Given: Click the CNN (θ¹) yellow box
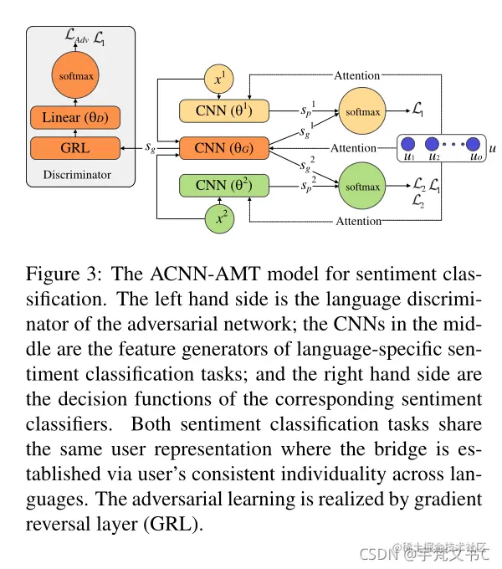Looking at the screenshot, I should point(223,111).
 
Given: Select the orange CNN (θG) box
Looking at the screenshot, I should point(223,148).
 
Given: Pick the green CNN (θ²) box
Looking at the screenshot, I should point(223,184).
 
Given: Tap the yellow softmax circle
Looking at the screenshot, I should point(361,111).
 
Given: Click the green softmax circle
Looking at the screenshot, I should point(361,185).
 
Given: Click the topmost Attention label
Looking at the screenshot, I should point(357,75).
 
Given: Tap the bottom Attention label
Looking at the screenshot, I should point(358,221).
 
